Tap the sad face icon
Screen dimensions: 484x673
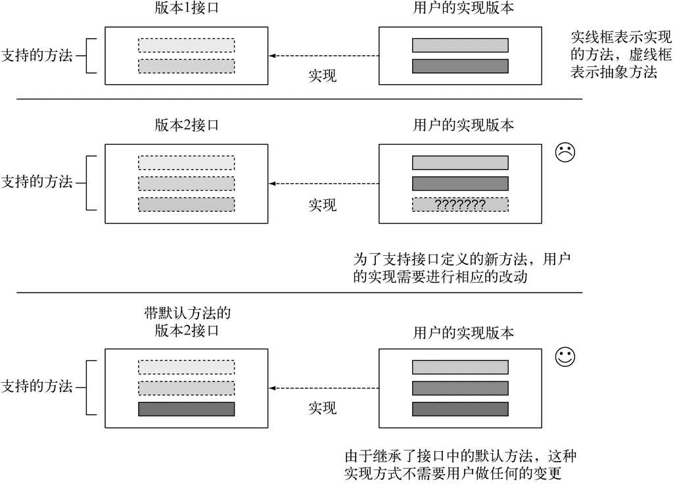pyautogui.click(x=565, y=152)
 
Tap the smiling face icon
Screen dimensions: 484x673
pyautogui.click(x=565, y=357)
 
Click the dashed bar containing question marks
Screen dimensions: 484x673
pyautogui.click(x=460, y=204)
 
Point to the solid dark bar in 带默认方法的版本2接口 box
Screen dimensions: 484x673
pyautogui.click(x=187, y=409)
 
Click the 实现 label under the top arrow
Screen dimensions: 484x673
pyautogui.click(x=323, y=76)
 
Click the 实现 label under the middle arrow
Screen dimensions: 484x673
pyautogui.click(x=323, y=205)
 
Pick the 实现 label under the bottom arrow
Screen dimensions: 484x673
pyautogui.click(x=323, y=408)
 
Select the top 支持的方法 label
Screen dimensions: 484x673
pyautogui.click(x=37, y=56)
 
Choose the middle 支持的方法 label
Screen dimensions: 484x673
pyautogui.click(x=37, y=182)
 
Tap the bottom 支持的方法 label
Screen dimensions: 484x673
pyautogui.click(x=37, y=387)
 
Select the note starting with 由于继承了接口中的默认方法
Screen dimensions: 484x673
pyautogui.click(x=460, y=465)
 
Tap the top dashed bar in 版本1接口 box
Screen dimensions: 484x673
pyautogui.click(x=187, y=45)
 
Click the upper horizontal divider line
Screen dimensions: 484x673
pyautogui.click(x=300, y=99)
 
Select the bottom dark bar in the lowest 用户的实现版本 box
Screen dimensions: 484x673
pyautogui.click(x=460, y=409)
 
